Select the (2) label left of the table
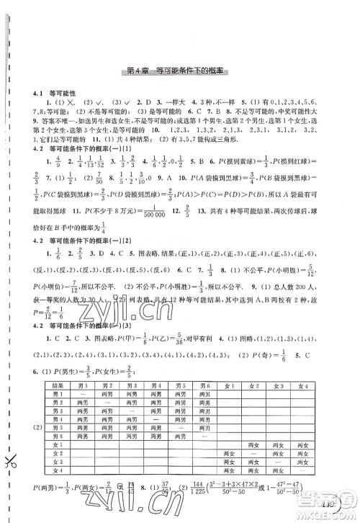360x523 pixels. point(37,436)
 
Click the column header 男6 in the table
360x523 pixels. point(208,385)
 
